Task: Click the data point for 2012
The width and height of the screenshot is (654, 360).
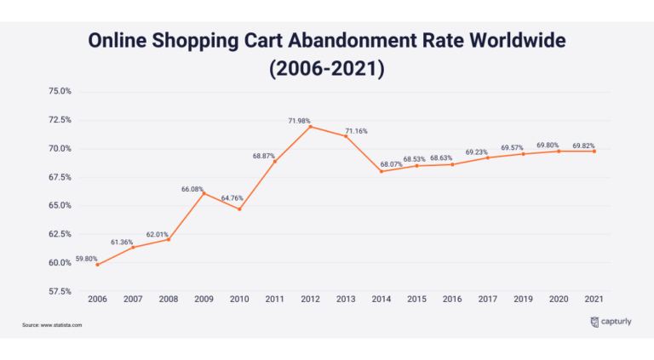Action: click(310, 127)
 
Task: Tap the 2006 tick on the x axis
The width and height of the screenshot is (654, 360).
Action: click(97, 300)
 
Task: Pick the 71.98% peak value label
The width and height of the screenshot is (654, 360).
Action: click(299, 122)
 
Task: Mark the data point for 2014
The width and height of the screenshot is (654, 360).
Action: click(381, 171)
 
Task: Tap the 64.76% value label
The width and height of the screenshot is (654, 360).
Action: click(234, 198)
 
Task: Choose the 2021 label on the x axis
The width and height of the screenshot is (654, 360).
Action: click(594, 300)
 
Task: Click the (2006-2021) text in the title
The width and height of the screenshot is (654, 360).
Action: click(326, 68)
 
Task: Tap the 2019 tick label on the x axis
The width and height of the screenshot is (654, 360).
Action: click(523, 300)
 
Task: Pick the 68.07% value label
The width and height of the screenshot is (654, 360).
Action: click(391, 164)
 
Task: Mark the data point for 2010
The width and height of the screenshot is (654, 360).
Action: click(239, 209)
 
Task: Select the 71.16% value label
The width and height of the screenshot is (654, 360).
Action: click(356, 131)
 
